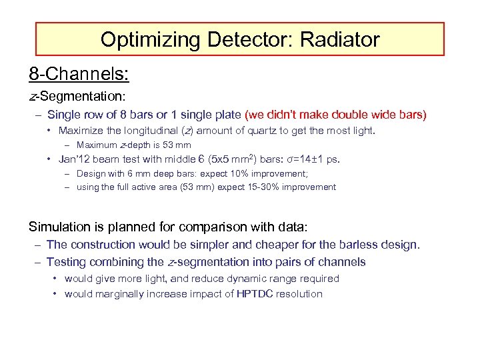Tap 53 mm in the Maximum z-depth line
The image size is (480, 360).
point(177,145)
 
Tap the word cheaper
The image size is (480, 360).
point(270,245)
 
